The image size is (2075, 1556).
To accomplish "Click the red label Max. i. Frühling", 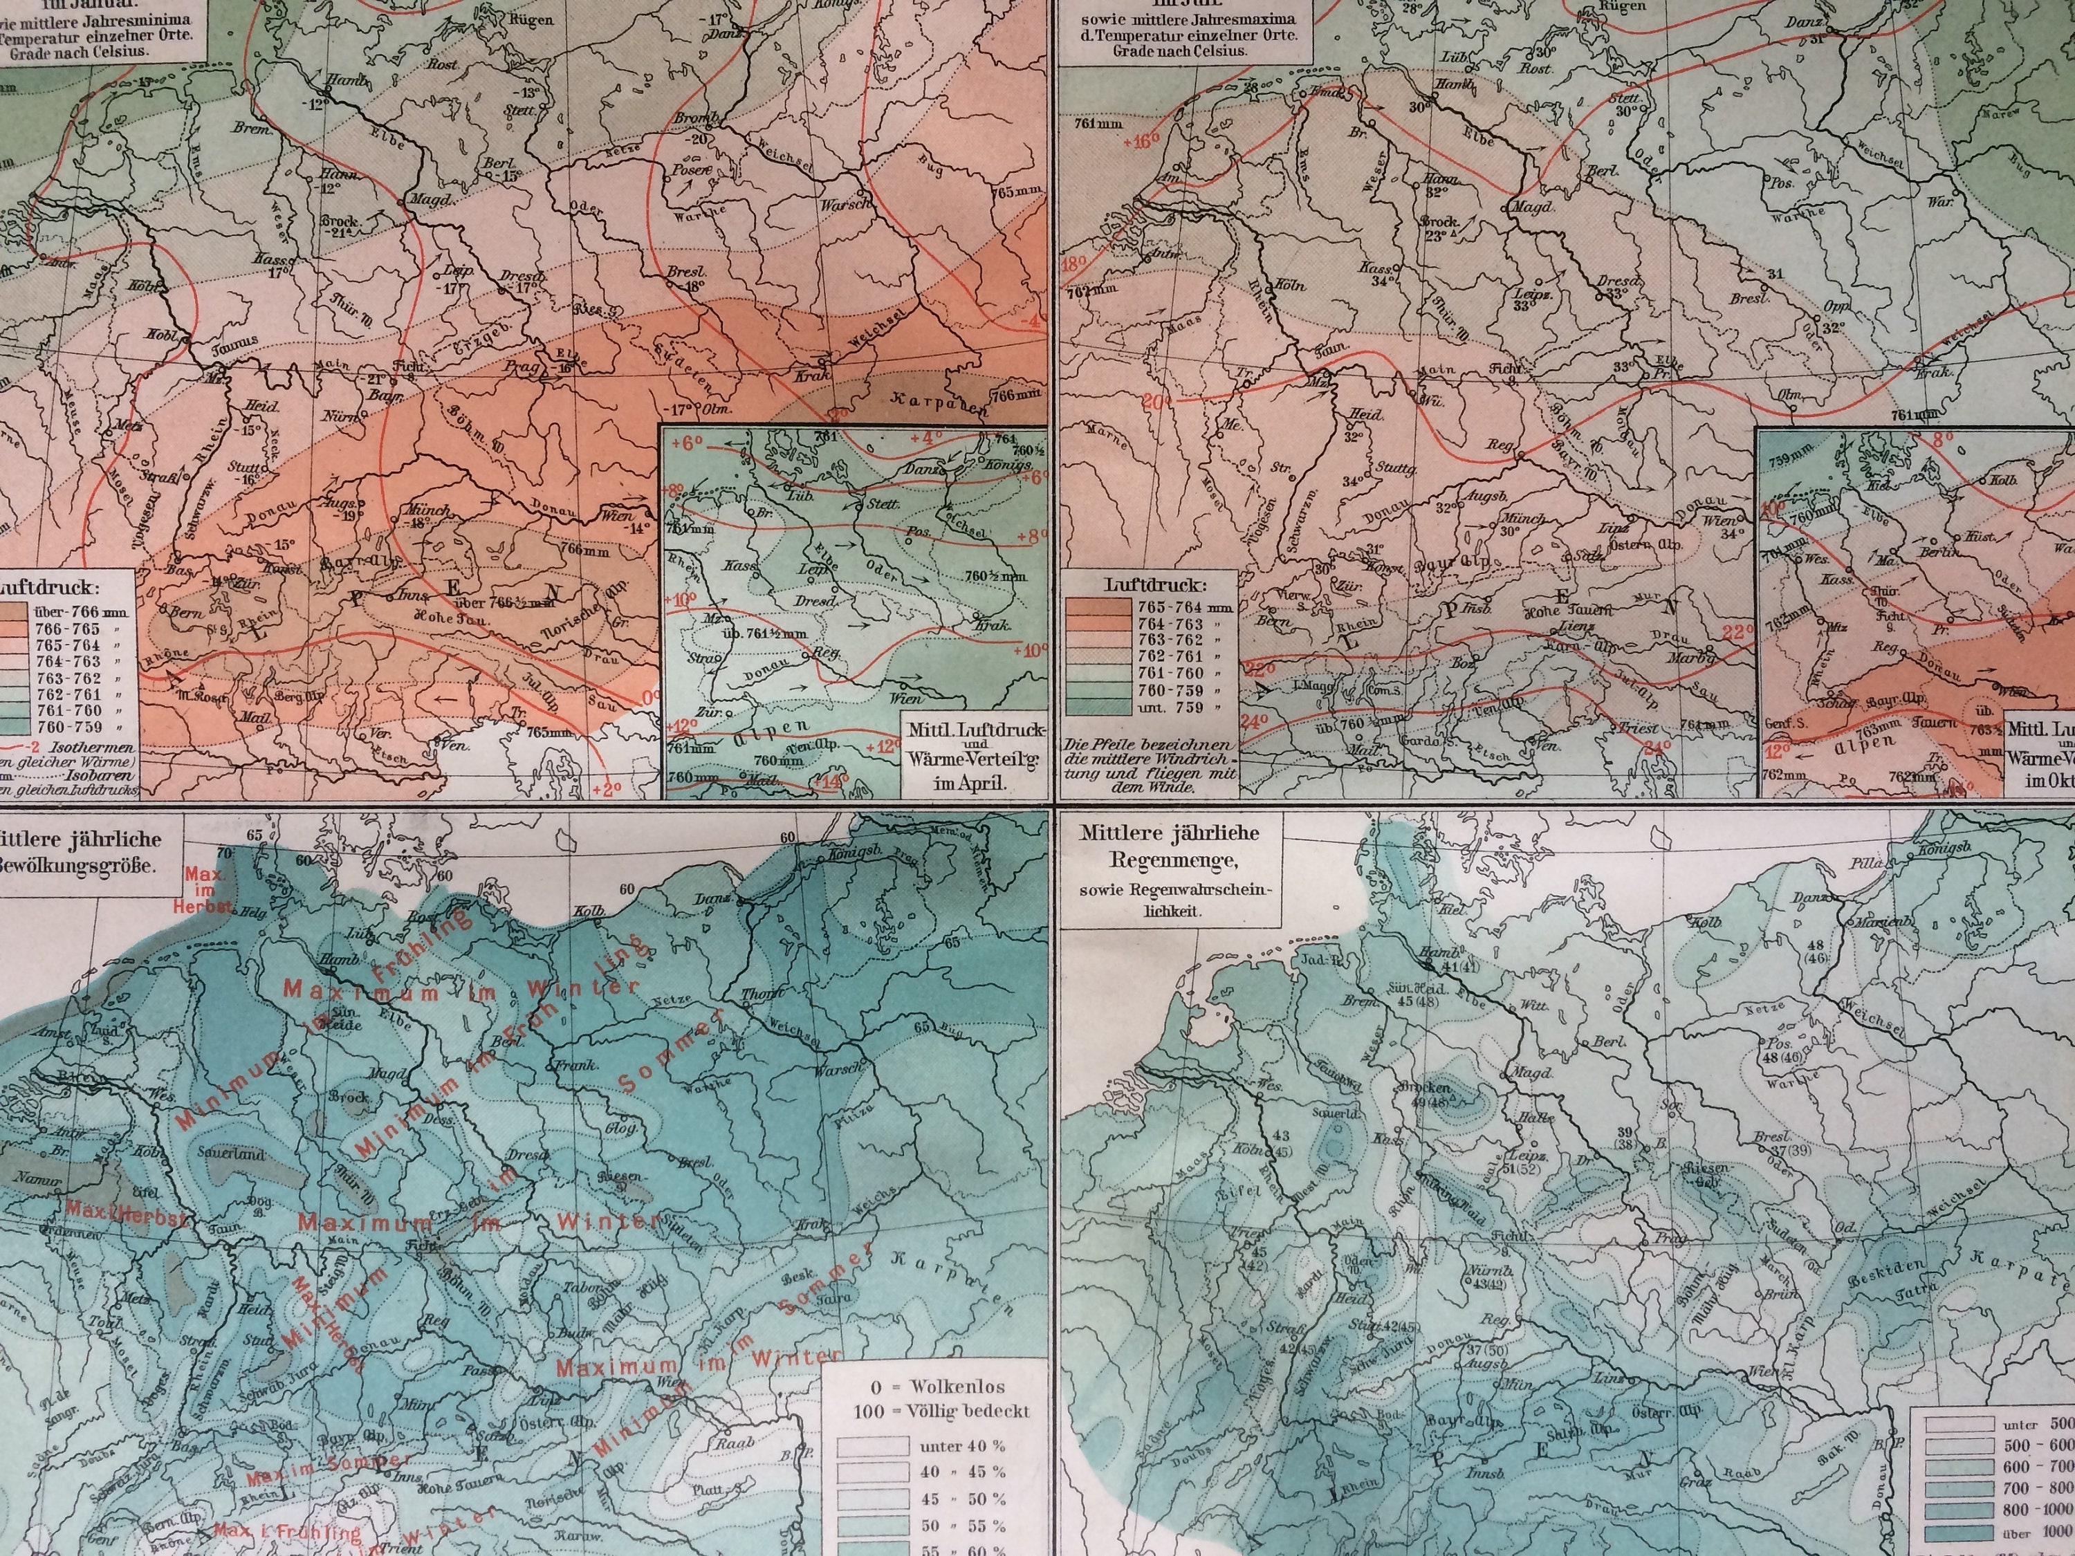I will tap(286, 1532).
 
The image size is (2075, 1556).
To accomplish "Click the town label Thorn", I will tap(756, 996).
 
